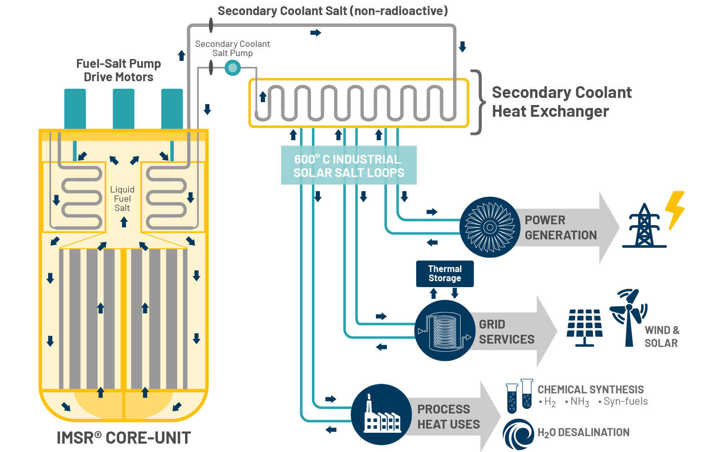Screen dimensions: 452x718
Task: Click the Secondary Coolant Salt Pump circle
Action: (233, 67)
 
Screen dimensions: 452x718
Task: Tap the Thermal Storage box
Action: (445, 274)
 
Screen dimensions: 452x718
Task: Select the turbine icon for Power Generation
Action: (489, 227)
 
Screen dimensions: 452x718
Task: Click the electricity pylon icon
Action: (644, 226)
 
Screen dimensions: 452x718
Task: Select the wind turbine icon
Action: (628, 316)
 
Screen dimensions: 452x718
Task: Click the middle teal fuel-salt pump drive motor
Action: (124, 108)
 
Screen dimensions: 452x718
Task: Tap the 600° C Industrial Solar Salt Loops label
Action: (349, 166)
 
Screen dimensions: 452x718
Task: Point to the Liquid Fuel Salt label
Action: (122, 199)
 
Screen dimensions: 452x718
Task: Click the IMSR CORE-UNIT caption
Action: (124, 438)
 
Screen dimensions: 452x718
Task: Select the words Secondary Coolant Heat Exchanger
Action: (561, 102)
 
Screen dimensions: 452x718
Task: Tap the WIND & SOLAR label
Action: (661, 336)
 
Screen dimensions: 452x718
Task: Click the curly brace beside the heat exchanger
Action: (478, 102)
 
